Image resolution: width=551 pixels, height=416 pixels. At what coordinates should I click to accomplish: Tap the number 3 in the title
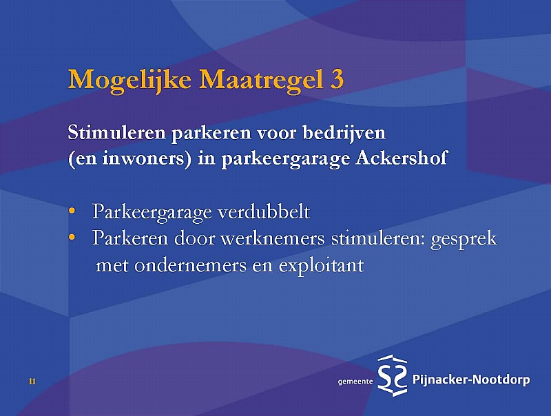(337, 79)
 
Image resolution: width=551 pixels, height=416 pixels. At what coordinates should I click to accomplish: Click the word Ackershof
(402, 158)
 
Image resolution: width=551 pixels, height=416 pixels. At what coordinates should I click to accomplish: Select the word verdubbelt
(264, 211)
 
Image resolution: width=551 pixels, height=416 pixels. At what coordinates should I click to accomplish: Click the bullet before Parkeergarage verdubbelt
(72, 211)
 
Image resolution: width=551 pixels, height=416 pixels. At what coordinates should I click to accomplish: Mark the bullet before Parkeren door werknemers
(72, 238)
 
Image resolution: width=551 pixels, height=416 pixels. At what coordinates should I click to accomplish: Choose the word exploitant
(321, 266)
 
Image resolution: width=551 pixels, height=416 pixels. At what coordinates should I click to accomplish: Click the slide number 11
(32, 381)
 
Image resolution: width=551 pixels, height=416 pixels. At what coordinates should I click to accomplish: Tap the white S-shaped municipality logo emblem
(393, 375)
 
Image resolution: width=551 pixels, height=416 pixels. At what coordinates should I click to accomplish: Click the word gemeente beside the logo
(355, 382)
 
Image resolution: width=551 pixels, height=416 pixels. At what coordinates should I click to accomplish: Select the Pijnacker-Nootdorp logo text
(471, 379)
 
